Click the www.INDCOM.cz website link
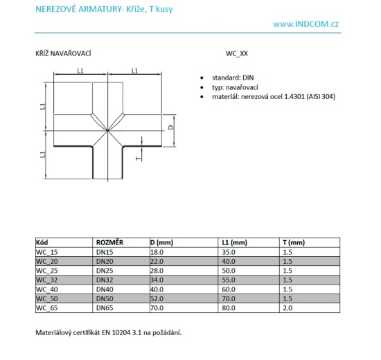click(x=305, y=24)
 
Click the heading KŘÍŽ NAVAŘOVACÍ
click(x=64, y=52)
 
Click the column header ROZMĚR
click(x=110, y=243)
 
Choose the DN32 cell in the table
click(x=105, y=280)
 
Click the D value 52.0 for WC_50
click(x=159, y=298)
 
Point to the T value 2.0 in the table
click(x=288, y=307)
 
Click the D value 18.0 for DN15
click(x=159, y=252)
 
